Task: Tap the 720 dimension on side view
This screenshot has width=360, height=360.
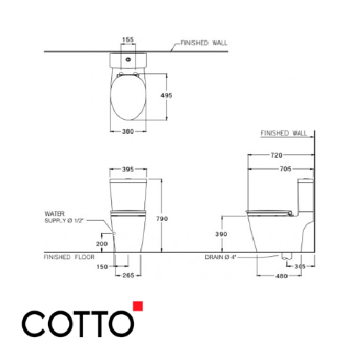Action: coord(280,156)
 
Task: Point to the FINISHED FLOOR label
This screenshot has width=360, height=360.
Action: coord(69,257)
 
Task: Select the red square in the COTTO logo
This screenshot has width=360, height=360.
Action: coord(138,308)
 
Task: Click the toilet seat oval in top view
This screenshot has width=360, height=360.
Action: coord(129,100)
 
